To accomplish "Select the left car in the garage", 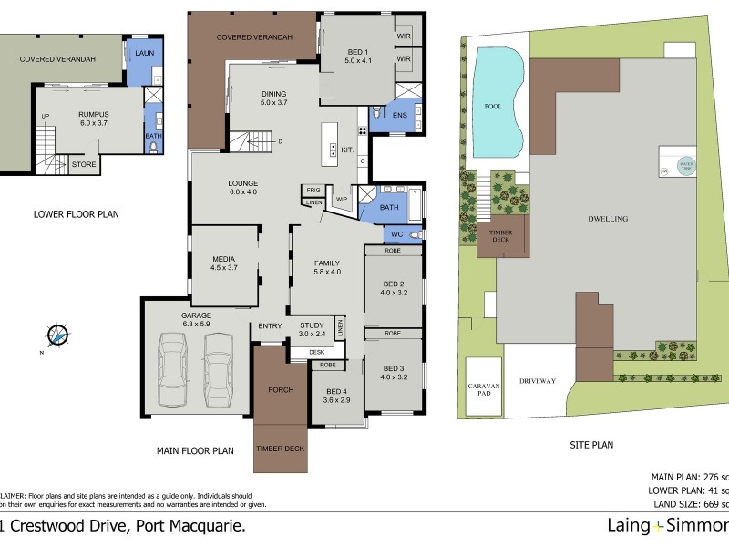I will point(173,369).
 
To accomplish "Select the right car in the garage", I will point(219,369).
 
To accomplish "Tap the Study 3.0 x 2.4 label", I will point(311,328).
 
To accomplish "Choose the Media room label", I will point(224,263).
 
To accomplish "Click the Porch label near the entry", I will point(281,390).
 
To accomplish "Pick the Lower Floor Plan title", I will point(77,214).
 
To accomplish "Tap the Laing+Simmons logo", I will point(668,525).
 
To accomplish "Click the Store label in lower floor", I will point(84,165).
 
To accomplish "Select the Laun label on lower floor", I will point(143,54).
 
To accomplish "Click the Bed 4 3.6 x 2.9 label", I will point(336,397).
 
